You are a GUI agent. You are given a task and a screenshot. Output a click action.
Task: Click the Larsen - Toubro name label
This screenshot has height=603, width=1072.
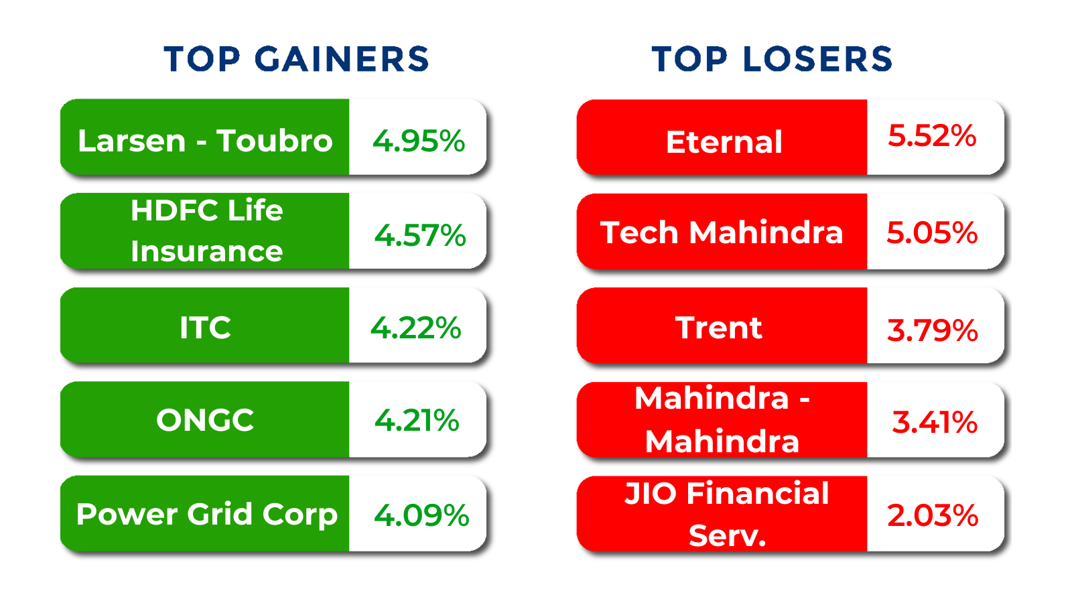[x=205, y=141]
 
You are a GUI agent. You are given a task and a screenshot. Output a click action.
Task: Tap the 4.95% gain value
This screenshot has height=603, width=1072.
[x=419, y=141]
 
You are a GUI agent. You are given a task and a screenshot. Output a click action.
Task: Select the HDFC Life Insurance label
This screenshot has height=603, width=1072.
[x=206, y=231]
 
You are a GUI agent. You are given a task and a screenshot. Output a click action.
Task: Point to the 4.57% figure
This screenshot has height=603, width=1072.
[x=420, y=235]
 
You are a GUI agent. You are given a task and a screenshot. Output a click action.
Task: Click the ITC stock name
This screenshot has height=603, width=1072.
[x=205, y=328]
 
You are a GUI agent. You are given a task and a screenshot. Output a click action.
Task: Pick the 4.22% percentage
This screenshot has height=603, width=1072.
[x=416, y=328]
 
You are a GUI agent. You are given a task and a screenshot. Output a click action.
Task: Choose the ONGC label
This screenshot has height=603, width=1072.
[x=205, y=420]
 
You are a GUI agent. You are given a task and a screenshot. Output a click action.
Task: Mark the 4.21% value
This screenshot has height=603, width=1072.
[x=417, y=421]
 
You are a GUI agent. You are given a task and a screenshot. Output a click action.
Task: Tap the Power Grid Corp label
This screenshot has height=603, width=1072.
[x=206, y=515]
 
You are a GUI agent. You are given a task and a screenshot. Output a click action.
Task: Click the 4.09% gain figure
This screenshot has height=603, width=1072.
[x=421, y=515]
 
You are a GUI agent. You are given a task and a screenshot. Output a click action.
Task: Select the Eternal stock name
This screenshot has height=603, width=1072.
[x=724, y=142]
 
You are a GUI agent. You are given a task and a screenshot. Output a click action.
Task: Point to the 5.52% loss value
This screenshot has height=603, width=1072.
[x=932, y=135]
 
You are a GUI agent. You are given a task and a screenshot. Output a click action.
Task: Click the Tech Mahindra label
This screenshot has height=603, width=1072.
[x=722, y=232]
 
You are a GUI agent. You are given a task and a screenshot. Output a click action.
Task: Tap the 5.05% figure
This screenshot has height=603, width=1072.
[x=932, y=232]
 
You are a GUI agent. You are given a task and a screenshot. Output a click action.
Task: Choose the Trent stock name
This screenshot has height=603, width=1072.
[x=718, y=328]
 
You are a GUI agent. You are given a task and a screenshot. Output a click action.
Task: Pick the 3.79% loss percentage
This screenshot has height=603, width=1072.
[x=933, y=330]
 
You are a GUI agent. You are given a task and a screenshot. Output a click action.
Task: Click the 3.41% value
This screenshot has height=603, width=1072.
[x=935, y=422]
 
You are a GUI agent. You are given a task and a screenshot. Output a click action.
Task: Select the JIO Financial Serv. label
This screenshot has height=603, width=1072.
[x=727, y=514]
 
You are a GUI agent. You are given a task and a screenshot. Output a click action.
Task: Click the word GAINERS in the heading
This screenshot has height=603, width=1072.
[x=342, y=59]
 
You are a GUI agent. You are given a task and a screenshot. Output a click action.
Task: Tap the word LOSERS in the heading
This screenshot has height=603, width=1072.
[x=817, y=59]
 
